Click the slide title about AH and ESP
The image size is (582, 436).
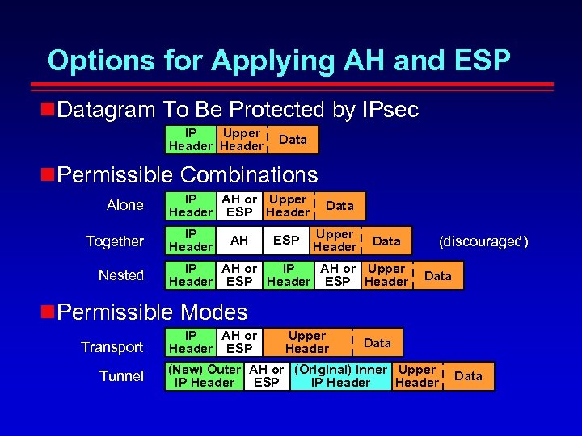tap(279, 61)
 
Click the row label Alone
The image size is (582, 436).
tap(125, 205)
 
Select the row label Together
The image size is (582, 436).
tap(115, 241)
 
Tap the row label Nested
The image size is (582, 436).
tap(121, 275)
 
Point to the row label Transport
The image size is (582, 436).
tap(112, 347)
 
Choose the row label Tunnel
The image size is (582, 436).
tap(121, 376)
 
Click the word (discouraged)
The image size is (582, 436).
tap(483, 241)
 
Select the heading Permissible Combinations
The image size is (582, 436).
tap(188, 174)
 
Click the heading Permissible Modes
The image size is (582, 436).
tap(153, 312)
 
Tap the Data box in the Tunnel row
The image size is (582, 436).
tap(468, 376)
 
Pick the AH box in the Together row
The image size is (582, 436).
tap(239, 241)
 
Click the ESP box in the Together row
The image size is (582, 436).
tap(286, 241)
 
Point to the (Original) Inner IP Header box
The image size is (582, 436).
tap(340, 376)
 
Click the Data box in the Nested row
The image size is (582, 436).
tap(438, 276)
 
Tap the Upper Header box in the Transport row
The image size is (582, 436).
tap(307, 342)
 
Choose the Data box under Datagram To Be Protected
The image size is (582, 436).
tap(293, 140)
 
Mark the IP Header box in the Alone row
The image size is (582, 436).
tap(191, 206)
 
